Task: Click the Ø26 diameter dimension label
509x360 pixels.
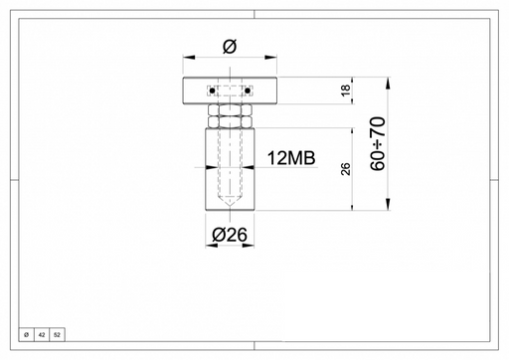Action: point(230,235)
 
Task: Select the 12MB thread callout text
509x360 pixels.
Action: point(291,158)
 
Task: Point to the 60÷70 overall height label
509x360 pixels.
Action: point(378,144)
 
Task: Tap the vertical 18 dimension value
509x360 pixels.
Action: point(345,90)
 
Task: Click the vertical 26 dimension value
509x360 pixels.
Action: point(345,169)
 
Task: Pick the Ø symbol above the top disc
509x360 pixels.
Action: point(230,47)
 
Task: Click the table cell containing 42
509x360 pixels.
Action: point(42,335)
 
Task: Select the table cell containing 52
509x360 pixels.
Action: point(57,335)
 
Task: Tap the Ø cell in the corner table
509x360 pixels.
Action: point(27,335)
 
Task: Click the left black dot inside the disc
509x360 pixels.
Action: point(213,90)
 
